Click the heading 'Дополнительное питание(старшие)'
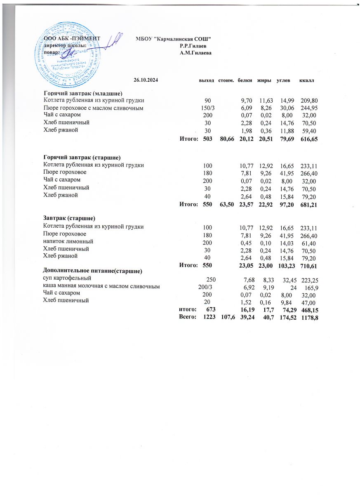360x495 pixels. coord(93,271)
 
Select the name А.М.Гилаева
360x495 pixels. coord(196,52)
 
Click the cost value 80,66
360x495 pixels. coord(226,139)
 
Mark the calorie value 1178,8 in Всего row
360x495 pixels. coord(309,317)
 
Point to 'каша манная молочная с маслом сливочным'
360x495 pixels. coord(101,286)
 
